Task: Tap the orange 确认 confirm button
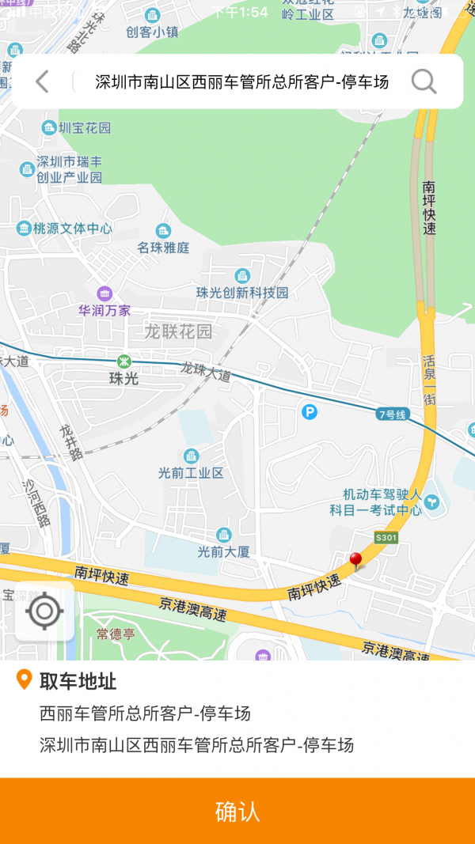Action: (237, 811)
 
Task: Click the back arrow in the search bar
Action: (43, 81)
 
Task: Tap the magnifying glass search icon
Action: (424, 81)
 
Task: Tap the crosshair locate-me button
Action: (44, 611)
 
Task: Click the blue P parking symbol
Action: (310, 411)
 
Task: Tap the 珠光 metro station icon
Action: (123, 361)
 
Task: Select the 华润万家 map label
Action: (104, 311)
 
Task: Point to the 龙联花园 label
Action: (178, 331)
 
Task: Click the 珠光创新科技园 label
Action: (242, 293)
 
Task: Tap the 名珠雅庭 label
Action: (164, 248)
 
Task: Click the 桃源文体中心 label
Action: (72, 229)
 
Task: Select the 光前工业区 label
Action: (191, 472)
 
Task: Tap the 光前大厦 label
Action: (223, 551)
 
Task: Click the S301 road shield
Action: (386, 538)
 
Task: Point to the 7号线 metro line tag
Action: (392, 414)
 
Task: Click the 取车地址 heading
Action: (78, 680)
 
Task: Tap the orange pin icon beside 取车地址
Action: (25, 679)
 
